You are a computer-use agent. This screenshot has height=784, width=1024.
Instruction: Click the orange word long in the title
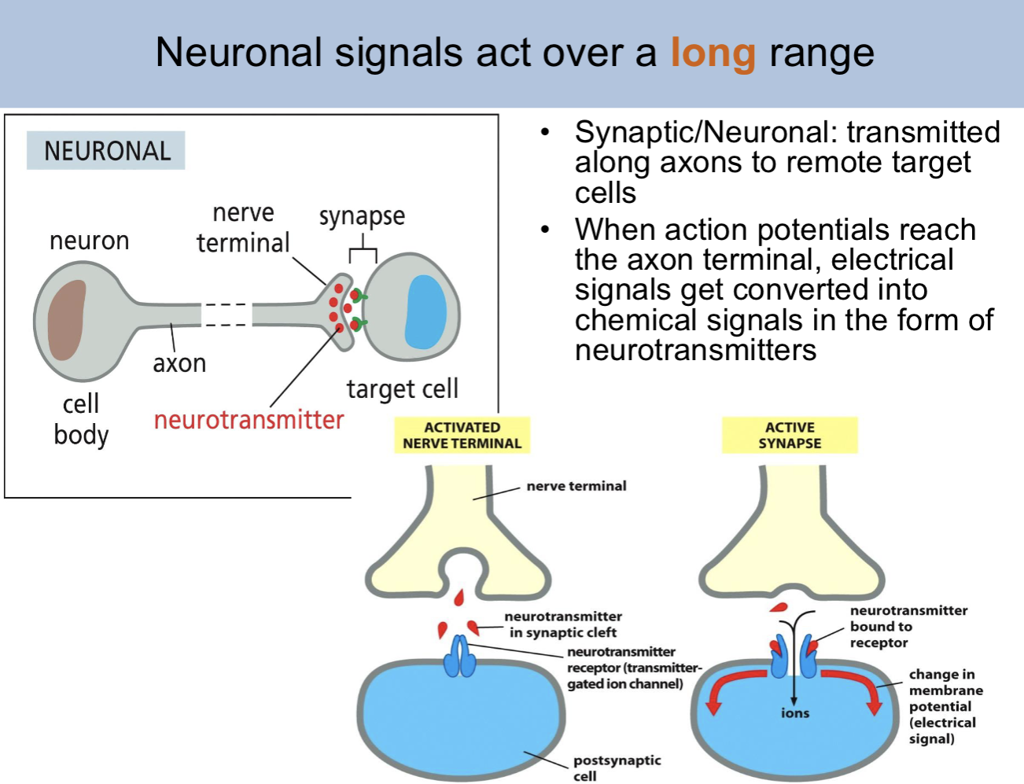713,53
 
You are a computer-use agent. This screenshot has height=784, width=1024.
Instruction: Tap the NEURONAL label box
107,150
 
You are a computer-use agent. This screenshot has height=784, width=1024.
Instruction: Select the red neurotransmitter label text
249,420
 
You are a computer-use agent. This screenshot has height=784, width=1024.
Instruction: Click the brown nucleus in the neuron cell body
66,319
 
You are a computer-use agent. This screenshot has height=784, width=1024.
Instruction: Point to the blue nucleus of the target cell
425,311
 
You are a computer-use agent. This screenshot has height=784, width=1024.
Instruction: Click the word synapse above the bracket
362,215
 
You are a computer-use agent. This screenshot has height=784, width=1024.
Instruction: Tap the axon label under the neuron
179,363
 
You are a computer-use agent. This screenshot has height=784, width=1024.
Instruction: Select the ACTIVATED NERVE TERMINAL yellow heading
462,436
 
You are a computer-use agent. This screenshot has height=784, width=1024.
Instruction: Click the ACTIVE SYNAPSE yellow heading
790,436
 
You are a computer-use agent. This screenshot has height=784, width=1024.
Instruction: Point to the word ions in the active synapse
795,713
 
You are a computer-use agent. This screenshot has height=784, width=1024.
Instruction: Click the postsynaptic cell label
617,767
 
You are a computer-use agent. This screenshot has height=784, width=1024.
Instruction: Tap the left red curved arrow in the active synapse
731,686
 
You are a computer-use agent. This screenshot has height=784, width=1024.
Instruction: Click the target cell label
402,389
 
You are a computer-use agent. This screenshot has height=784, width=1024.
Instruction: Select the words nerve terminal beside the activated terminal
576,486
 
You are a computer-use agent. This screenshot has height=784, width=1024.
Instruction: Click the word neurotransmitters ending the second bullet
695,350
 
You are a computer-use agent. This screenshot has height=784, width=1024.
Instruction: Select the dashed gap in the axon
227,315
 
